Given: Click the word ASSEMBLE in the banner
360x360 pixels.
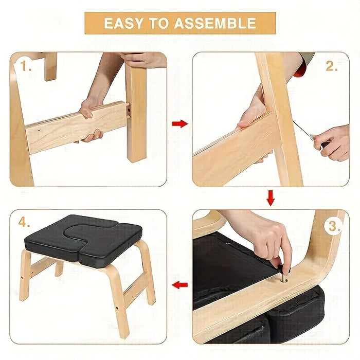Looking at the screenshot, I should (215, 23).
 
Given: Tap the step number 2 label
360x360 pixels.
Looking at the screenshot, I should (332, 66).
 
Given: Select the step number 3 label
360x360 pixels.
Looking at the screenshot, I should (335, 226).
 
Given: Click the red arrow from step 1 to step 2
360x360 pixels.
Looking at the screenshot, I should (179, 123).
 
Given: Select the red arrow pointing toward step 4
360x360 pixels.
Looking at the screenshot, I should (179, 284).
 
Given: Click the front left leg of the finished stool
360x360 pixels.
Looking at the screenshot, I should (25, 275).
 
